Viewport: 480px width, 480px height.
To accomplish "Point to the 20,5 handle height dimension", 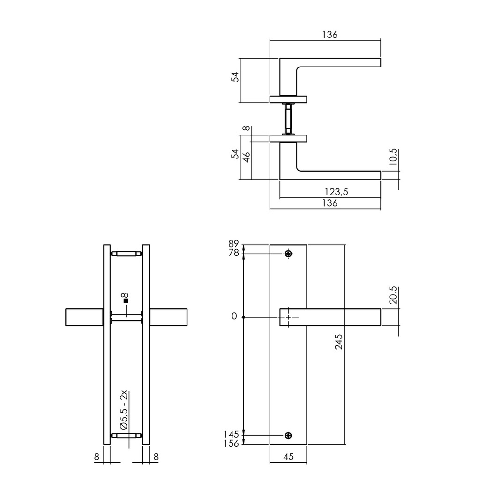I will pos(393,295).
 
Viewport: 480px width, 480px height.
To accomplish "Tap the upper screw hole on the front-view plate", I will pos(288,254).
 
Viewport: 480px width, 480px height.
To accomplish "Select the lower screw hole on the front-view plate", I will pos(288,435).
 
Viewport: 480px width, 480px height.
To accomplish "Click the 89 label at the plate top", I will pos(234,244).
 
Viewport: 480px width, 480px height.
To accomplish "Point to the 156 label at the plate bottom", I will pos(232,443).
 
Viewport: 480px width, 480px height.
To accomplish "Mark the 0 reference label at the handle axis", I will pos(234,317).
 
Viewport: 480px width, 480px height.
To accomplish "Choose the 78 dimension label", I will pos(234,253).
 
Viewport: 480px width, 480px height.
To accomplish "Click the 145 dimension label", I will pos(232,435).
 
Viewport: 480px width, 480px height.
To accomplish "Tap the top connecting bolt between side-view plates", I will pos(126,254).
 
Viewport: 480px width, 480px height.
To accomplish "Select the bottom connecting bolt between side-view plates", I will pos(126,435).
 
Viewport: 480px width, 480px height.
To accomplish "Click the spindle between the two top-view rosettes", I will pos(288,118).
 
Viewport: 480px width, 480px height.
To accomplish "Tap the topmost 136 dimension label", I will pos(330,35).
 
